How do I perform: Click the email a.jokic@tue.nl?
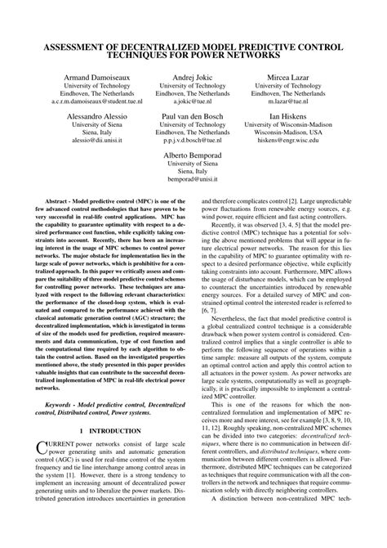(x=193, y=104)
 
